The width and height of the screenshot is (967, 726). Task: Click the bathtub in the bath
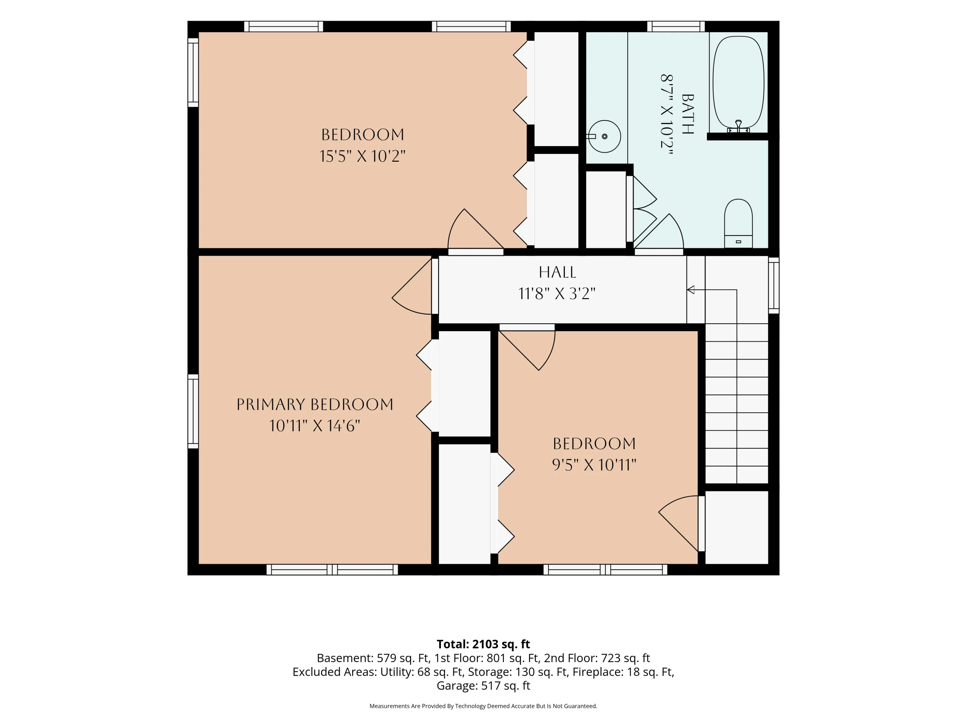pos(738,82)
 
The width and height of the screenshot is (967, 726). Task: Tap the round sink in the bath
pos(604,136)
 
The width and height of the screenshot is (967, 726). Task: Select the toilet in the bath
pos(738,223)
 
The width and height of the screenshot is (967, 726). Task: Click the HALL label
pos(557,272)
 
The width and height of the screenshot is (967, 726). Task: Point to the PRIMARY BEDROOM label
pos(315,404)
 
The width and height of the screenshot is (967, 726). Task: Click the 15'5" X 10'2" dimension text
pos(362,156)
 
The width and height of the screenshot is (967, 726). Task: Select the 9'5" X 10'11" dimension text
pos(594,465)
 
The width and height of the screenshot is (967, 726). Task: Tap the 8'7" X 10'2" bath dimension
pos(666,114)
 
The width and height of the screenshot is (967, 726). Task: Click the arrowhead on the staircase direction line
pos(691,290)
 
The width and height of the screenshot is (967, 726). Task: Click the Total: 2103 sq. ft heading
pos(483,644)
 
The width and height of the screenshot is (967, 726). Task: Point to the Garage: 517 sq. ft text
pos(483,686)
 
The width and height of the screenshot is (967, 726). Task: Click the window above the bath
pos(676,26)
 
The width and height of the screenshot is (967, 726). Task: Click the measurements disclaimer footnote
pos(483,706)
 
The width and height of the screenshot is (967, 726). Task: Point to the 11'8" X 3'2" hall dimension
pos(557,294)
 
